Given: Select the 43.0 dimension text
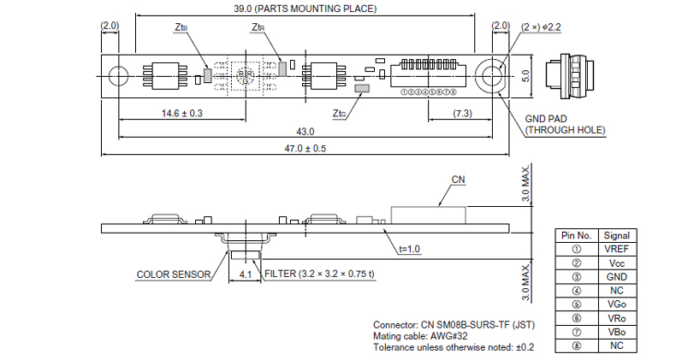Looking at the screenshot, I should tap(305, 131).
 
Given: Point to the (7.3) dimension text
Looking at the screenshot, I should tap(462, 113).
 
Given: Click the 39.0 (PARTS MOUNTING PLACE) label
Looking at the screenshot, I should tap(304, 9).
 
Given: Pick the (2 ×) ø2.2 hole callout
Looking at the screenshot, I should tap(540, 27).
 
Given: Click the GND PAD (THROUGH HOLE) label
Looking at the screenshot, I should tap(565, 125).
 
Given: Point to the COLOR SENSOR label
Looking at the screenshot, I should tap(173, 275).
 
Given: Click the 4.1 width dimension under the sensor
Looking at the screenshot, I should tap(245, 274).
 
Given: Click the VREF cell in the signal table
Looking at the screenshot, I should tap(616, 248).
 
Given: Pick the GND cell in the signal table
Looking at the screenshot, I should tap(616, 276).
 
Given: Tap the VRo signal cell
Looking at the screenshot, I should tap(616, 318).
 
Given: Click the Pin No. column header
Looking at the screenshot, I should tap(576, 235).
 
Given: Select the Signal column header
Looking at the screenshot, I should tap(616, 235).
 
